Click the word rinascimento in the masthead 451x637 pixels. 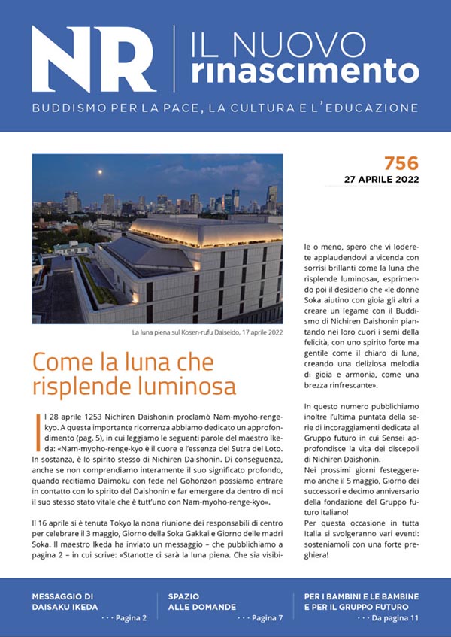tap(305, 71)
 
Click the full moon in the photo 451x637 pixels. tap(100, 172)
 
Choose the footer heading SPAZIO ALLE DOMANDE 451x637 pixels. tap(201, 601)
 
